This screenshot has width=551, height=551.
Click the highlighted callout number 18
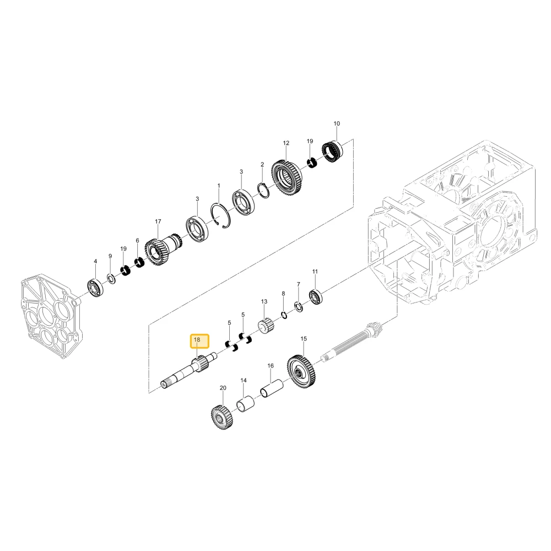pyautogui.click(x=197, y=340)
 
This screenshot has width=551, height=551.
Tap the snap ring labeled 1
pyautogui.click(x=221, y=216)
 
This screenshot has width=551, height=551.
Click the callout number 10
pyautogui.click(x=337, y=123)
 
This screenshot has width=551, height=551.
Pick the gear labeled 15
pyautogui.click(x=301, y=371)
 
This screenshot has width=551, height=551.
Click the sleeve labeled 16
pyautogui.click(x=271, y=388)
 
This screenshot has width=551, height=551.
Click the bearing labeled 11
pyautogui.click(x=315, y=296)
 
